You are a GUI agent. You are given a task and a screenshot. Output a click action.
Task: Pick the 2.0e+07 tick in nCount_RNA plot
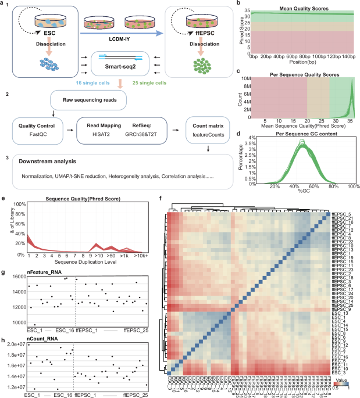pos(14,345)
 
